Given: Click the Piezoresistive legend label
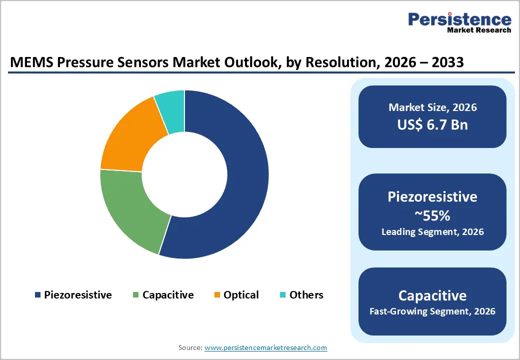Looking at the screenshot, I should [77, 295].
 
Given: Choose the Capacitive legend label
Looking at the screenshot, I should [168, 295].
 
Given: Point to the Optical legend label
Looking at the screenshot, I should [241, 295].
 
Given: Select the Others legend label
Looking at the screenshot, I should [306, 295].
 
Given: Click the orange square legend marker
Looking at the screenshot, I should [217, 295].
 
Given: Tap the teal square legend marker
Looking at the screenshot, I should [282, 295].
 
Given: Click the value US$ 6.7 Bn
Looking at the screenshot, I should [432, 124].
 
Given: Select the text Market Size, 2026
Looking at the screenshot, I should [432, 107].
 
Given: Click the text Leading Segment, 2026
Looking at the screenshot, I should [432, 231].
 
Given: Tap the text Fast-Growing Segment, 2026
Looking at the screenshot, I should [432, 311].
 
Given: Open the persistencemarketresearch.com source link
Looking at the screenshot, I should [265, 347].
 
